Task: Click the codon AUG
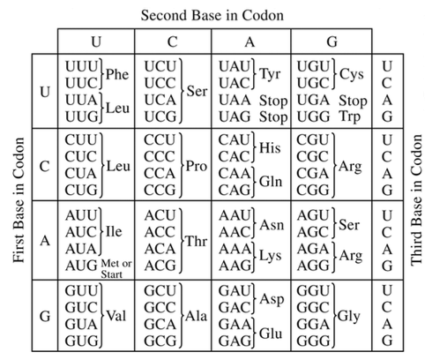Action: (x=81, y=266)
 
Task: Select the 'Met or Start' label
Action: (x=116, y=269)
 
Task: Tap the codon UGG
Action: (x=313, y=116)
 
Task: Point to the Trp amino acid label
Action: (x=350, y=116)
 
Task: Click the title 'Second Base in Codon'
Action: (x=212, y=15)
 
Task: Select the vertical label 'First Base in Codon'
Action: (x=19, y=200)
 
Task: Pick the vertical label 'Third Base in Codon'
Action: (x=416, y=200)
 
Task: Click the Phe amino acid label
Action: (x=117, y=74)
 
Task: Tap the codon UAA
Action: (x=235, y=101)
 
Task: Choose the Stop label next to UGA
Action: (x=353, y=101)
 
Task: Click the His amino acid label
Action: (x=270, y=147)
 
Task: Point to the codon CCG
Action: (x=160, y=190)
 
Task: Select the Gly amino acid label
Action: (x=348, y=317)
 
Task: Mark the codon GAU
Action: (x=235, y=291)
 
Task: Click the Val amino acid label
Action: (x=116, y=316)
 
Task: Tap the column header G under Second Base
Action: (x=331, y=41)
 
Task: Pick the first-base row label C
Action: (x=44, y=167)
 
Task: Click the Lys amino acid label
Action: (x=271, y=256)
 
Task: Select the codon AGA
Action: (x=313, y=249)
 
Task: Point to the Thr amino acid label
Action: (x=197, y=241)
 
